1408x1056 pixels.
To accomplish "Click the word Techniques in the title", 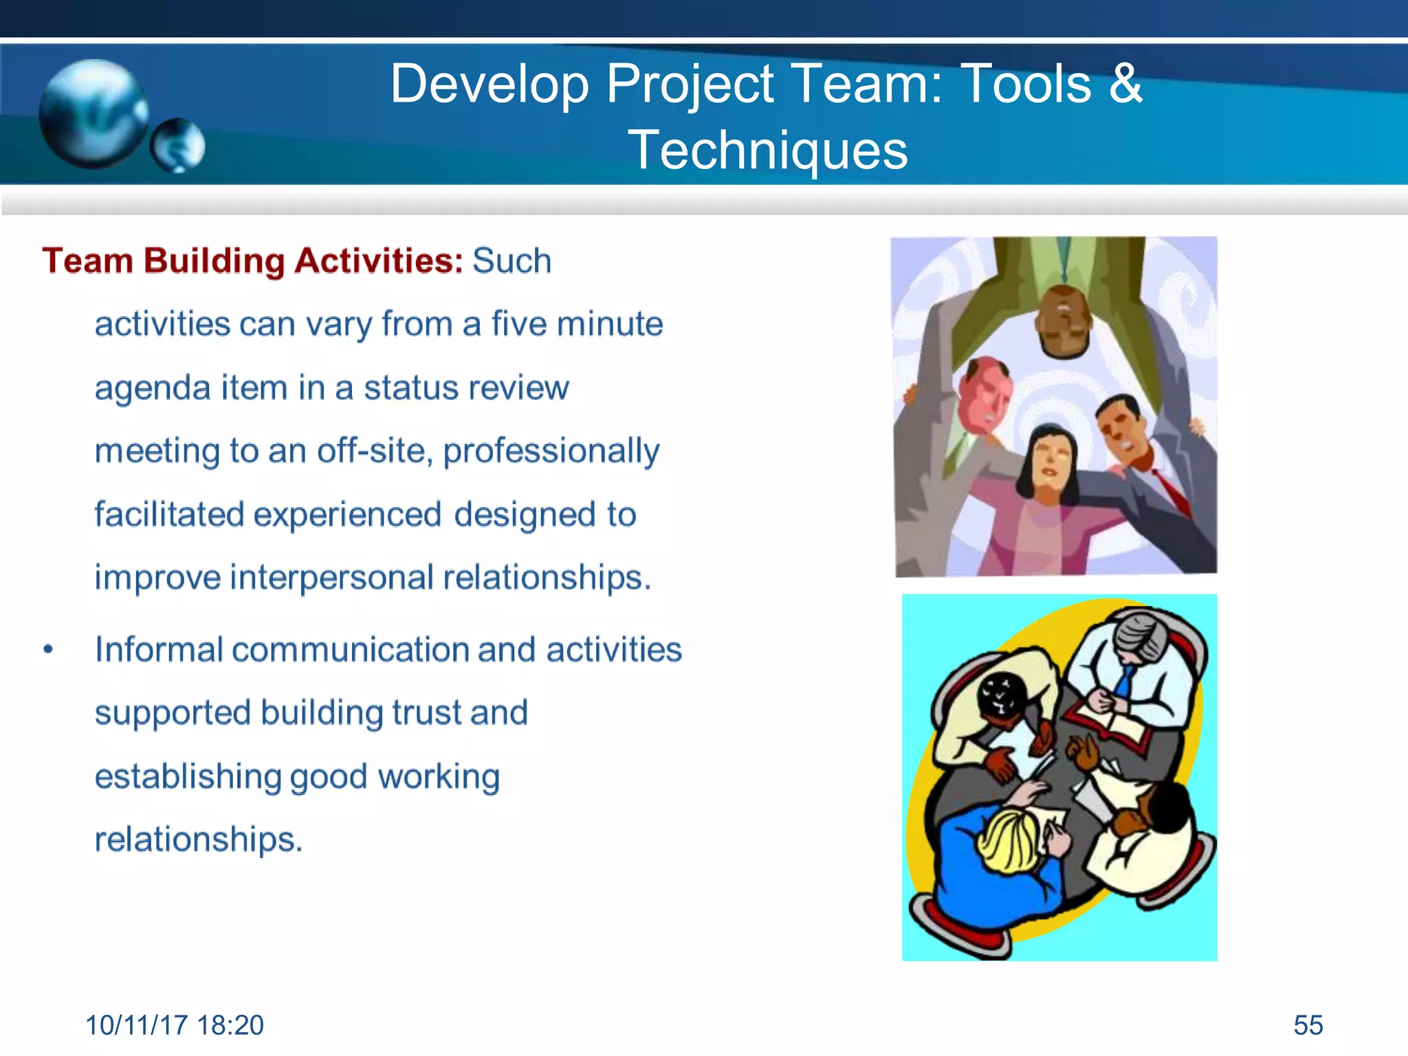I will (x=767, y=151).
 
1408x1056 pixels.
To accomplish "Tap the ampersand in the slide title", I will (x=1125, y=84).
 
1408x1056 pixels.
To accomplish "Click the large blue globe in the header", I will (x=93, y=113).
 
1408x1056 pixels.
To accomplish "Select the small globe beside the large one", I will (x=177, y=146).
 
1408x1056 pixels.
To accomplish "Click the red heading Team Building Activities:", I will (x=252, y=261).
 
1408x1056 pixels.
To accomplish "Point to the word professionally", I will (x=551, y=452).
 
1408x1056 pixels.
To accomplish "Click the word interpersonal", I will (x=331, y=577).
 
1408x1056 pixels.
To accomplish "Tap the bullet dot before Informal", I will (x=47, y=650).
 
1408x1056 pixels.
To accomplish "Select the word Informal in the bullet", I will (x=159, y=650).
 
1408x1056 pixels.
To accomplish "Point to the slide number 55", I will (x=1308, y=1025).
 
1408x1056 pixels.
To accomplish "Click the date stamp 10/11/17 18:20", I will (x=175, y=1025).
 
